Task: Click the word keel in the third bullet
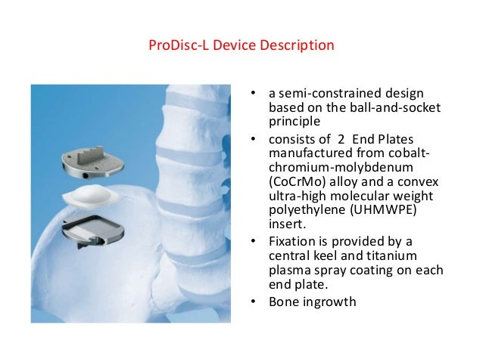pos(328,255)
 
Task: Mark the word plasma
pos(289,269)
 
